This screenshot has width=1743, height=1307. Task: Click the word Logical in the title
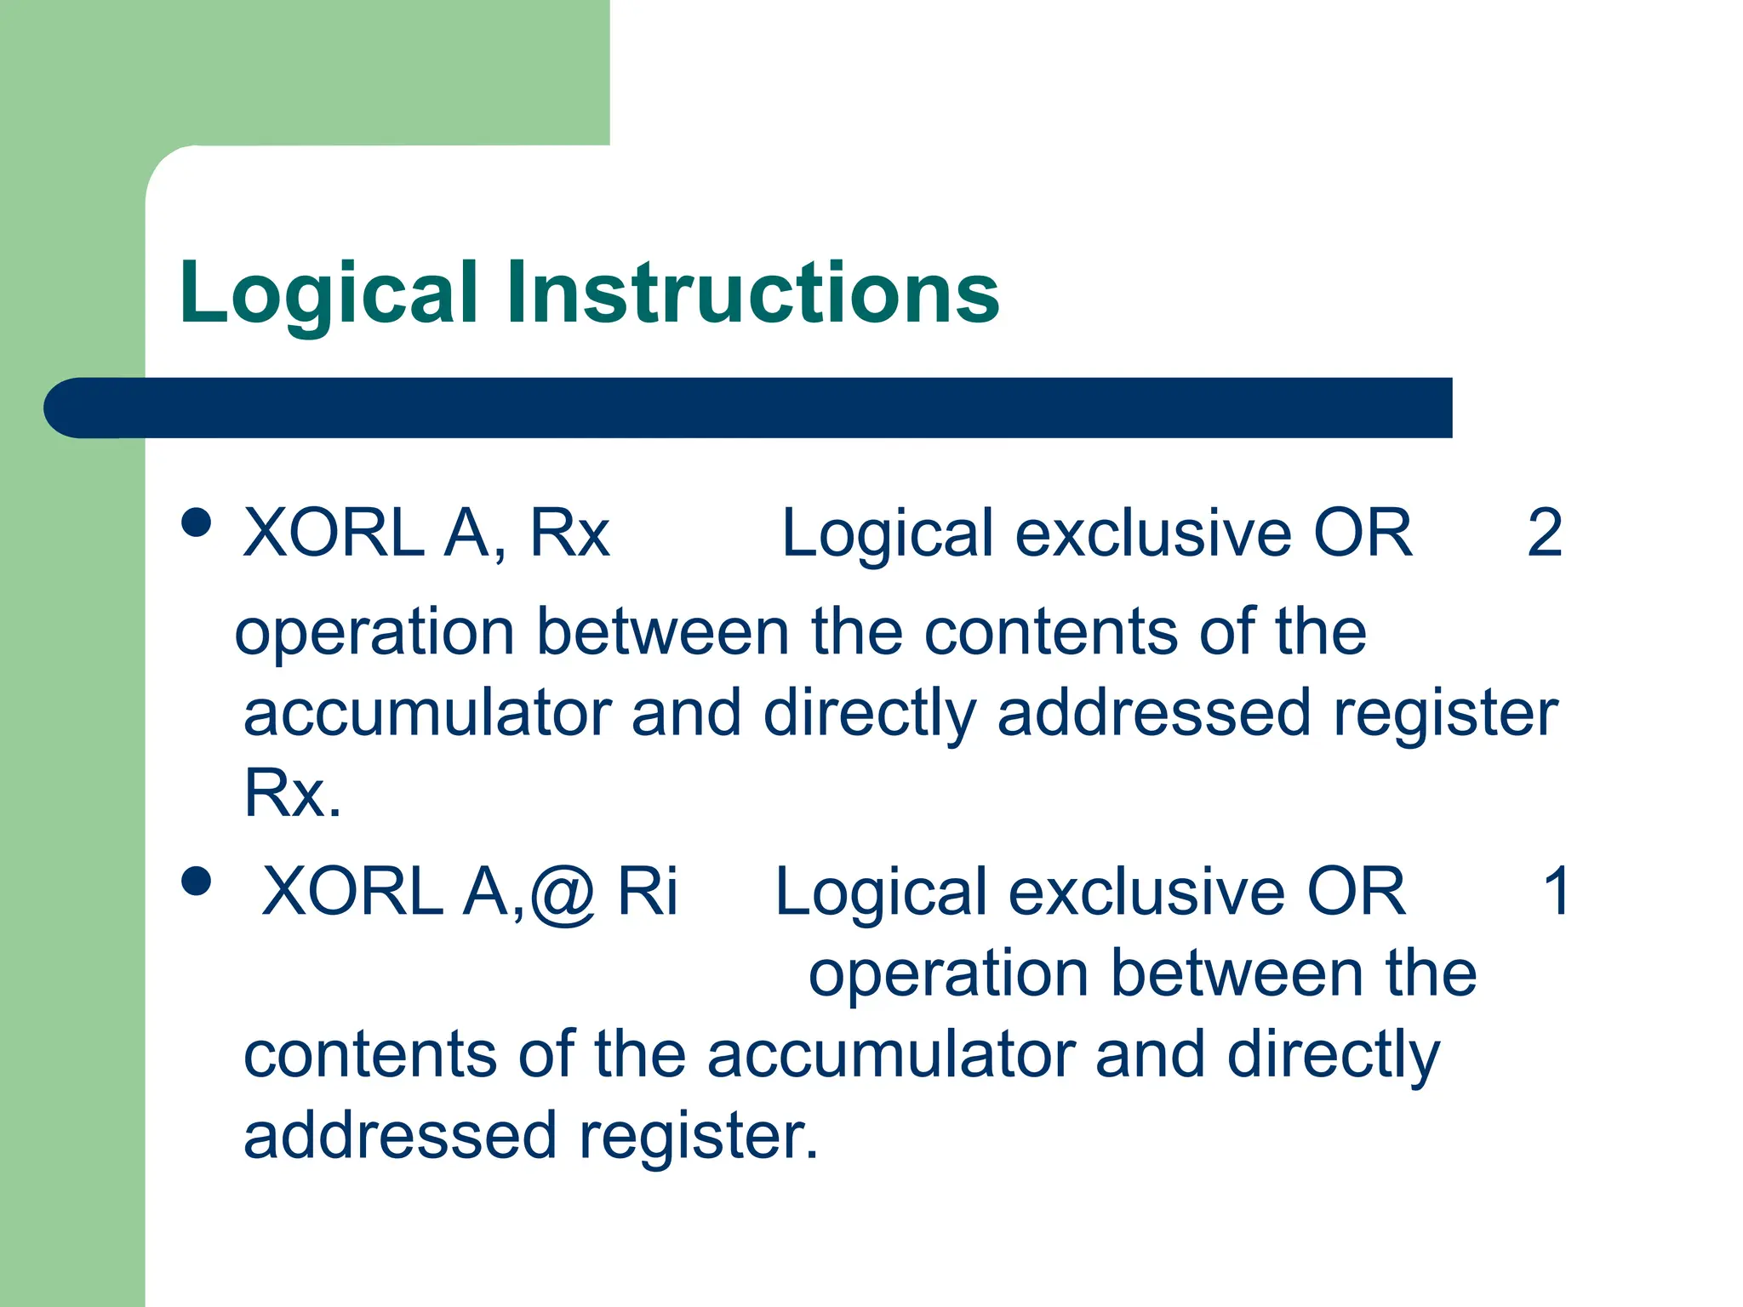click(329, 294)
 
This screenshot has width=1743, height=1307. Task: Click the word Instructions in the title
click(752, 294)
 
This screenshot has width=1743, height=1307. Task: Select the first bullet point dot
click(197, 522)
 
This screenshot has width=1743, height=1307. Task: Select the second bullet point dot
click(197, 882)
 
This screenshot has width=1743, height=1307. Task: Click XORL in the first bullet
click(334, 534)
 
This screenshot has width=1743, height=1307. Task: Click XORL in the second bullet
click(352, 892)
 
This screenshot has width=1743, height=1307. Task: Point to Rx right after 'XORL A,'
click(569, 534)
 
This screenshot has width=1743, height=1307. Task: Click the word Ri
click(648, 892)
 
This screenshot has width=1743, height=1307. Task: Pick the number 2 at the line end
click(1545, 534)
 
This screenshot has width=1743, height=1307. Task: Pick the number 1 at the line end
click(1557, 892)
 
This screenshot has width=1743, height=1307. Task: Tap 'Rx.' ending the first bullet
click(292, 794)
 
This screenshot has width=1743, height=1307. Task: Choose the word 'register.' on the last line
click(698, 1136)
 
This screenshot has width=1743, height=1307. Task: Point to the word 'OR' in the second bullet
click(1357, 892)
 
